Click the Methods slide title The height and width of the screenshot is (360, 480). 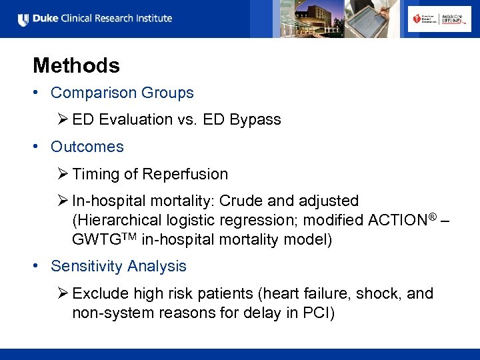point(76,65)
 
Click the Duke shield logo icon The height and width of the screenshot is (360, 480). point(23,19)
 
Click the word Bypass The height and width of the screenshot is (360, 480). point(255,120)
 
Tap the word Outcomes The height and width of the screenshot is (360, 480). point(87,147)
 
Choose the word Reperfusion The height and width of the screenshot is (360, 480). point(187,175)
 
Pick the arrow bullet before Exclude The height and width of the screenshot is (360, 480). point(63,293)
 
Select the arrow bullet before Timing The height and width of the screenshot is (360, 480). point(63,175)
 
